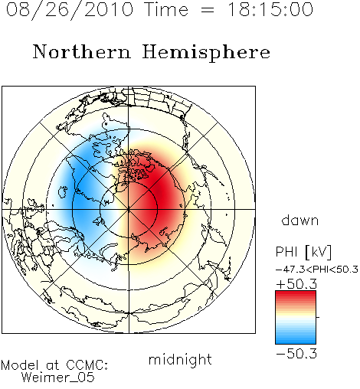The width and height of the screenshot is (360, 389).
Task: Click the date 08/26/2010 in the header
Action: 70,10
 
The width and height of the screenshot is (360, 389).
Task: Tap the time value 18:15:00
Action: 270,9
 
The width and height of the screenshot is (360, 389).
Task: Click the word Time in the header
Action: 166,9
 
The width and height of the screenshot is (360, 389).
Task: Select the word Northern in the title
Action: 82,51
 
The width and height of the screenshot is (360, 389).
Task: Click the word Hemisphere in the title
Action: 206,53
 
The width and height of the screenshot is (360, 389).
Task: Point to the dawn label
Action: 300,220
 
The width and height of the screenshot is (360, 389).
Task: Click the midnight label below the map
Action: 180,360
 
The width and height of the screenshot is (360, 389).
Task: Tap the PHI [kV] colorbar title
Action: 303,252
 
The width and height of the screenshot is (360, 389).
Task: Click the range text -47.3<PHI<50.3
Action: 317,270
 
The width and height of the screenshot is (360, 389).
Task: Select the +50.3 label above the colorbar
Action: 296,284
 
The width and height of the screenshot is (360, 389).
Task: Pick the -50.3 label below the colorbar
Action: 296,354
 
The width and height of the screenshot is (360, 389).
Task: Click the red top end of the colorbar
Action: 296,293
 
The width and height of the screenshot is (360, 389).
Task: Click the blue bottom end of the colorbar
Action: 296,342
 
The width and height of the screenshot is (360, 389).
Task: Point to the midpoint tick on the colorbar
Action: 318,317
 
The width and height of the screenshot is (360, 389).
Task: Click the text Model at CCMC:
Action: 54,365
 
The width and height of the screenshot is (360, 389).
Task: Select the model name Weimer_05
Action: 57,378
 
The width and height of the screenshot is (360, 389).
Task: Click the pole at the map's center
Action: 129,209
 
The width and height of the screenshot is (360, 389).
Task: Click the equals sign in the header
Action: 208,10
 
